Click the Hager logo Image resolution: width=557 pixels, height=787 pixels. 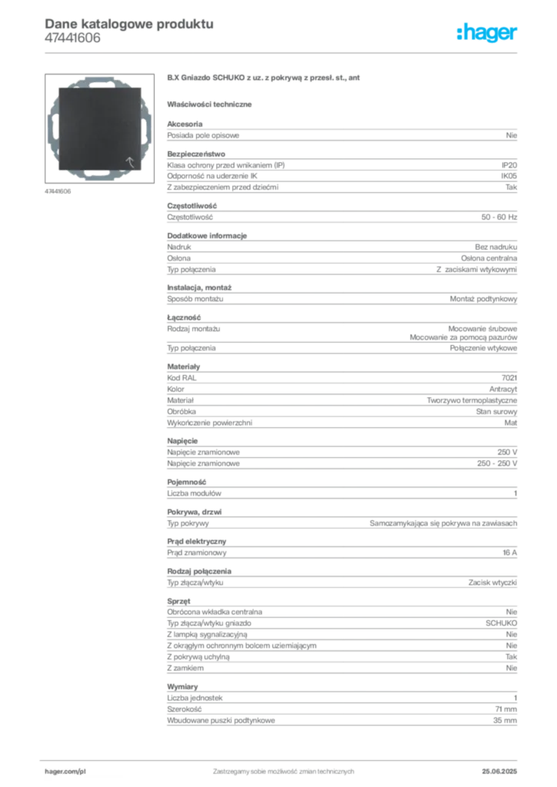pos(487,32)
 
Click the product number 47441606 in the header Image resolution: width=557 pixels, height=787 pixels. pos(72,38)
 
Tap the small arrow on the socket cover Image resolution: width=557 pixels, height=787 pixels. pos(129,161)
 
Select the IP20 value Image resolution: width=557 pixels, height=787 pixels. pos(509,165)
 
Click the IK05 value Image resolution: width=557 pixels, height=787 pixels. pos(509,176)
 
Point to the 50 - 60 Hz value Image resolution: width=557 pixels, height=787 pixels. pos(499,218)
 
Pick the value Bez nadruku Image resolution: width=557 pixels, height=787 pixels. pos(495,247)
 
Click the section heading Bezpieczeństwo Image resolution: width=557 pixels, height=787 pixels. pos(196,154)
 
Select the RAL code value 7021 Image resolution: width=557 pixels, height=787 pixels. pos(509,378)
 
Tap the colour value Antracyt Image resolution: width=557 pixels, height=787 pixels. pos(502,389)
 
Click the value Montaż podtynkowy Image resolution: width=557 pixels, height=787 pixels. pos(483,299)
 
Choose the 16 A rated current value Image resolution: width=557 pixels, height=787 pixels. pos(509,553)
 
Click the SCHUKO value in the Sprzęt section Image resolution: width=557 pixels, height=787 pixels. pos(501,623)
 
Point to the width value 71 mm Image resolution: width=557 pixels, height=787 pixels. pos(505,709)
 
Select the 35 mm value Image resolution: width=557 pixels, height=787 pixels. pos(505,720)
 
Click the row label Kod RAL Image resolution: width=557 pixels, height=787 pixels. pos(182,378)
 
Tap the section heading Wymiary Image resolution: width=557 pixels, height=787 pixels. pos(182,686)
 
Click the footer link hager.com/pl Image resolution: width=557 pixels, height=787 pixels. pos(65,772)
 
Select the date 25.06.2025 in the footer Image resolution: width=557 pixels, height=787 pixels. pos(499,772)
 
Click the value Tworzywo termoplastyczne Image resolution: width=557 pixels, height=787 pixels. pos(472,400)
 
